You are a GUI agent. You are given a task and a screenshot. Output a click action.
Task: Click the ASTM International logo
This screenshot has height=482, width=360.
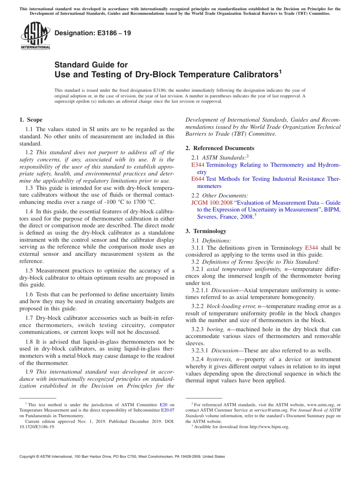(x=35, y=36)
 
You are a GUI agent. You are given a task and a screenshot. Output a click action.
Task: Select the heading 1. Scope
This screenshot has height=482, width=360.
(x=31, y=120)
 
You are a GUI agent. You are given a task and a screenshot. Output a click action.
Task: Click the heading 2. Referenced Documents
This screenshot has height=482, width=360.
(x=220, y=148)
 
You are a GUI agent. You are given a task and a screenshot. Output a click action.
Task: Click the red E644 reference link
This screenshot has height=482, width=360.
(x=198, y=179)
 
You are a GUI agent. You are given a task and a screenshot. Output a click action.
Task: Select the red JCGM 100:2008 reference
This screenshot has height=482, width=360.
(x=212, y=203)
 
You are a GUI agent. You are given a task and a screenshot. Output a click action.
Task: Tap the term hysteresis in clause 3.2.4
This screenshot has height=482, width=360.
(x=220, y=359)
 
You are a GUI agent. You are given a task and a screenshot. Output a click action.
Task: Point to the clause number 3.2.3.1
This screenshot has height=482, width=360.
(x=200, y=351)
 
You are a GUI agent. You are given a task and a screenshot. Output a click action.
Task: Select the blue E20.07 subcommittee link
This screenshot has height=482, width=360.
(x=168, y=410)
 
